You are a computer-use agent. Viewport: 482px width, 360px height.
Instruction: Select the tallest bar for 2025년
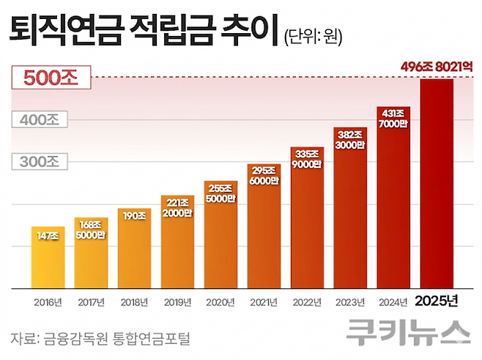click(x=437, y=183)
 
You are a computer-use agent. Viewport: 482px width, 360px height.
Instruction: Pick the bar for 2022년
click(x=308, y=220)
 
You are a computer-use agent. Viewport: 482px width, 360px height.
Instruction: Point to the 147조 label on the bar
click(x=49, y=235)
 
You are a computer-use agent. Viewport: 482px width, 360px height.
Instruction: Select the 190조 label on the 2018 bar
click(x=135, y=216)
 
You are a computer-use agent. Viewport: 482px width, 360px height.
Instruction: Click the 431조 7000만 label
click(x=393, y=118)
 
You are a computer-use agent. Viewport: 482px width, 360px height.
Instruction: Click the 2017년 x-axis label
click(x=92, y=301)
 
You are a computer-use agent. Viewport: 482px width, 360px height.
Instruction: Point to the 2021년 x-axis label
click(x=264, y=301)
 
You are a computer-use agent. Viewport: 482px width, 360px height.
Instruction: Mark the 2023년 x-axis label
click(x=350, y=301)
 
